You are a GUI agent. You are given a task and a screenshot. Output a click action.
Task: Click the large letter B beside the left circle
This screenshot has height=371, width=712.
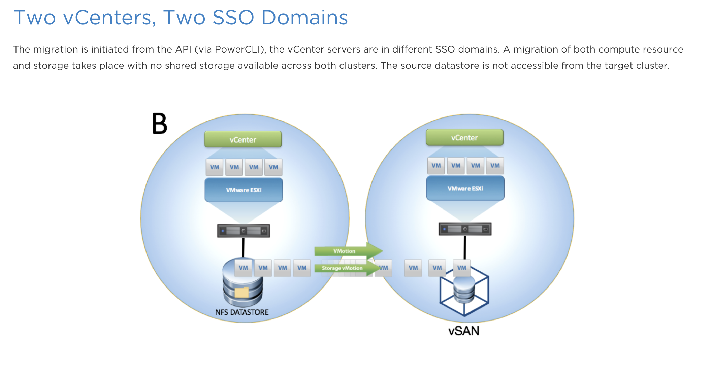coord(160,124)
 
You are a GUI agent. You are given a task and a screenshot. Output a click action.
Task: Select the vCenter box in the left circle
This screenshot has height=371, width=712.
coord(243,139)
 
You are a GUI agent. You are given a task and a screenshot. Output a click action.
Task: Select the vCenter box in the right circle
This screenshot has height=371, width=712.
coord(464,137)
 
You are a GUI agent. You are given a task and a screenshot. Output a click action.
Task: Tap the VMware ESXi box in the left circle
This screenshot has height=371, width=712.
coord(244,190)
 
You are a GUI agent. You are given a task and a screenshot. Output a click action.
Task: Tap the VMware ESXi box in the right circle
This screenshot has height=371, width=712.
coord(465,188)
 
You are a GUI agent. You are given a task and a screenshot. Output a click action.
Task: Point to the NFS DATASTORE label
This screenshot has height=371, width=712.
coord(242,312)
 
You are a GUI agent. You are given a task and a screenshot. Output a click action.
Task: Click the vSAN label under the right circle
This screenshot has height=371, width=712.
coord(464,331)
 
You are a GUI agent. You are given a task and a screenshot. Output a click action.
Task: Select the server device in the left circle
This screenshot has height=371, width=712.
coord(243,231)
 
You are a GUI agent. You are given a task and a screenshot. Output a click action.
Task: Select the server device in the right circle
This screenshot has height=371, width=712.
coord(465,229)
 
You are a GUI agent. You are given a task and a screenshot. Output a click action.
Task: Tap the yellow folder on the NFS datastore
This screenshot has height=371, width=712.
coord(241,292)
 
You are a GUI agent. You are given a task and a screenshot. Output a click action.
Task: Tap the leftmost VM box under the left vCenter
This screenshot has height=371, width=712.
coord(215,167)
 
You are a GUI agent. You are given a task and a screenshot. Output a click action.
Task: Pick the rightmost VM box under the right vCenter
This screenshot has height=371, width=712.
coord(495,165)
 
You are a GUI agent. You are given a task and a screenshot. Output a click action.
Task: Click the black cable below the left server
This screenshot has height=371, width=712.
coord(243,247)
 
